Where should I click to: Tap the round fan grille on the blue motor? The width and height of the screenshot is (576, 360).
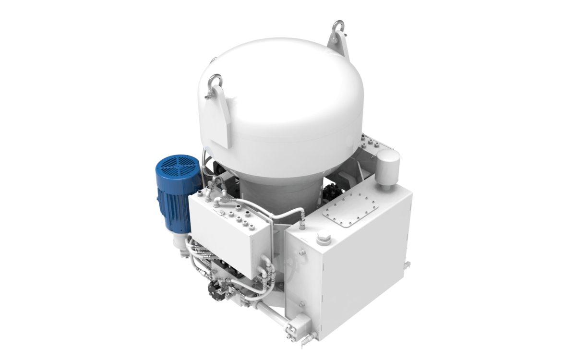coord(178,168)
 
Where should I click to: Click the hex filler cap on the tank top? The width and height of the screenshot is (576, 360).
coord(324,237)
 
